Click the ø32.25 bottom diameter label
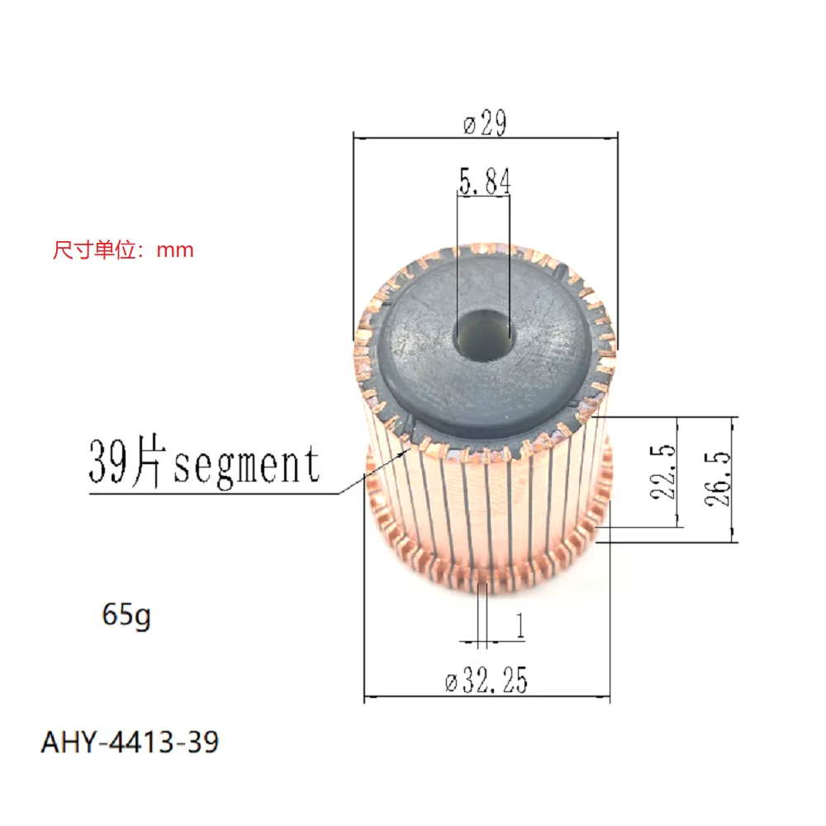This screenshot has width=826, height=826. pyautogui.click(x=487, y=681)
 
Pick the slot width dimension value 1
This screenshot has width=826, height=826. pyautogui.click(x=520, y=626)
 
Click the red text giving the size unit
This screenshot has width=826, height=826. pyautogui.click(x=123, y=249)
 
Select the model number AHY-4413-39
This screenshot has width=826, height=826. pyautogui.click(x=131, y=741)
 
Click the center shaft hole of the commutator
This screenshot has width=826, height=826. pyautogui.click(x=483, y=335)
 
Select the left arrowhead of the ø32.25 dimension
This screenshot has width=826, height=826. pyautogui.click(x=368, y=698)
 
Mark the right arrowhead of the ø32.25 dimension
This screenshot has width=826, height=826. pyautogui.click(x=606, y=698)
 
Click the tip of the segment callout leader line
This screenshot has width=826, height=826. pyautogui.click(x=340, y=494)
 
